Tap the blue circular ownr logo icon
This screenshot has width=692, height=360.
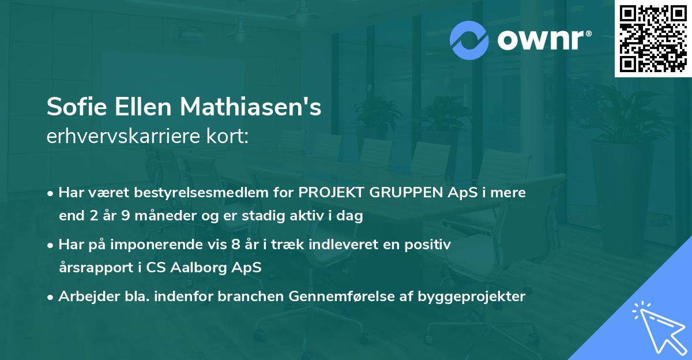pos(469,40)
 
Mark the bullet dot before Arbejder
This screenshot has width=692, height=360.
pos(51,297)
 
